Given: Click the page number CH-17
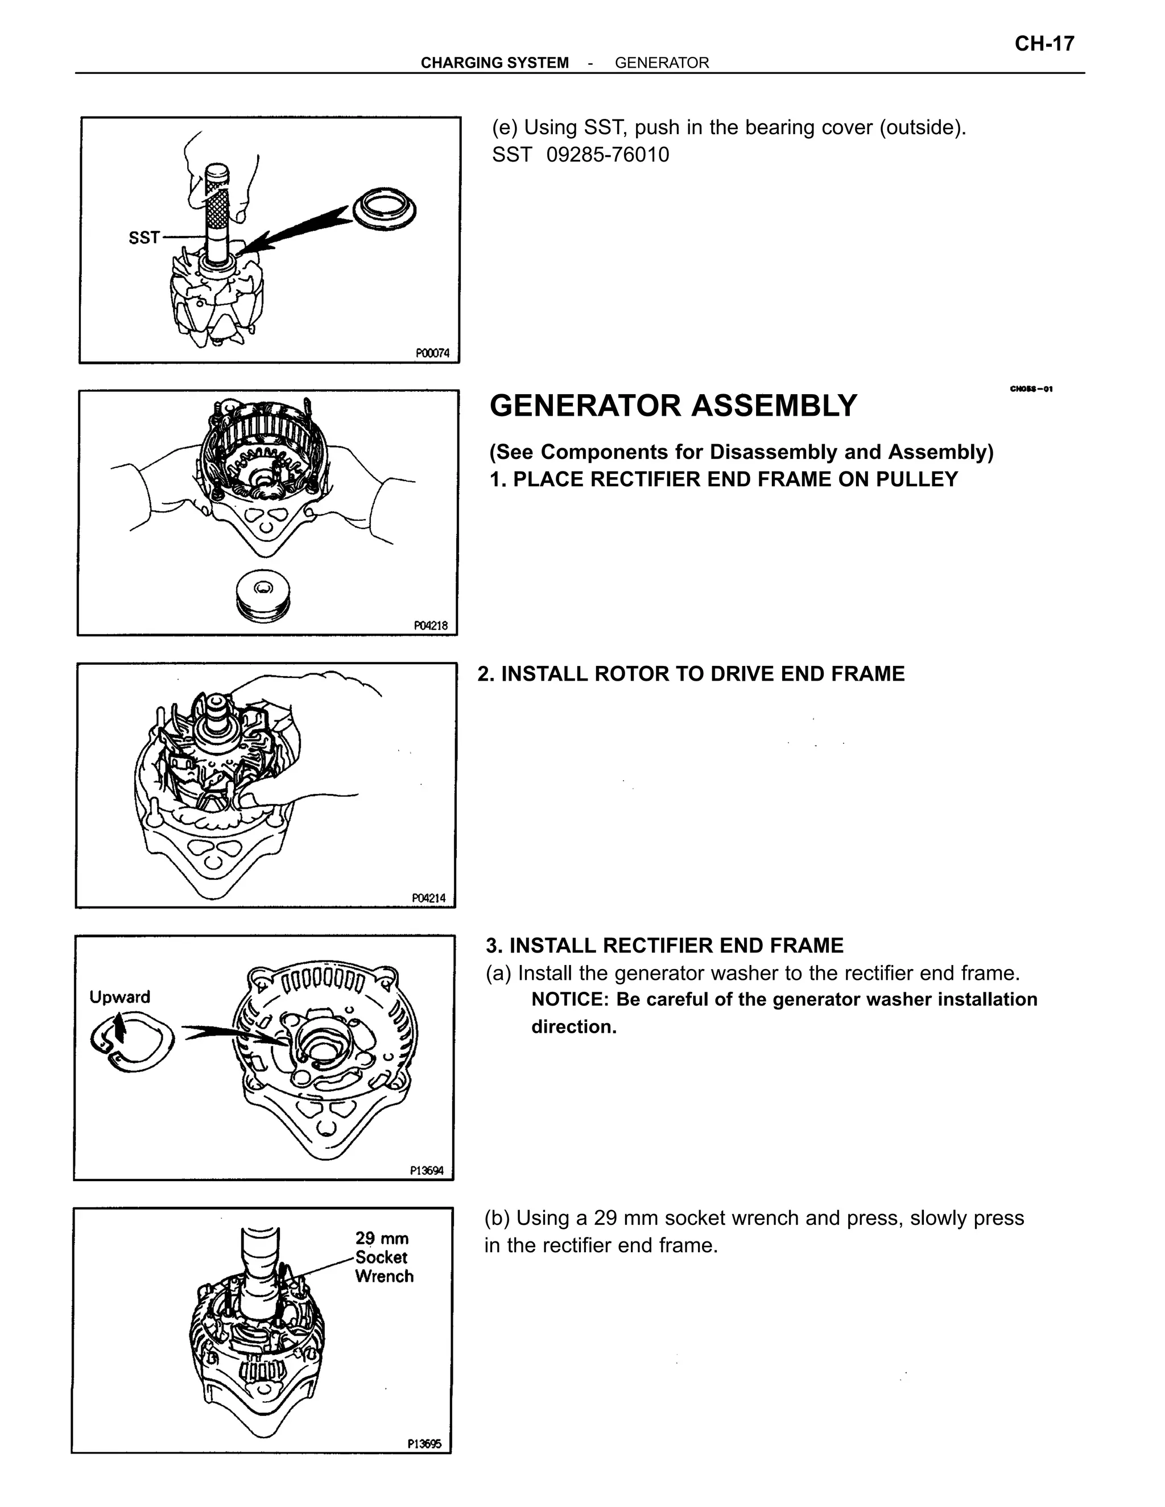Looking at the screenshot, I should click(1043, 44).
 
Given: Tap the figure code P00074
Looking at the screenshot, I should click(432, 353).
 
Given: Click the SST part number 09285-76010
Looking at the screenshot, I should click(608, 155).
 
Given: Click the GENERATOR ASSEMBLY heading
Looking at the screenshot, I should click(673, 405).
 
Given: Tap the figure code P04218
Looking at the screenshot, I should click(431, 626).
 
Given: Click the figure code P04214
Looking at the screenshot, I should click(428, 899).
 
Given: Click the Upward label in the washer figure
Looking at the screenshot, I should click(119, 997).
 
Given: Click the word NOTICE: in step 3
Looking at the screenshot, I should click(570, 1000).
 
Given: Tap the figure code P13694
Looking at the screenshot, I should click(427, 1171).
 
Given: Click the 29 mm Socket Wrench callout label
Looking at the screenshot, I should click(384, 1258).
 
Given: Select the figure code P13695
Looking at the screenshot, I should click(424, 1443).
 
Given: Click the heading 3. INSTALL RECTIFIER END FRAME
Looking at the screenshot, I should click(664, 945).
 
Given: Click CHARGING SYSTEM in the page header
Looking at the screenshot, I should click(494, 63).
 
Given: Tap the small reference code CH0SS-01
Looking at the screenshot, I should click(1031, 389).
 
